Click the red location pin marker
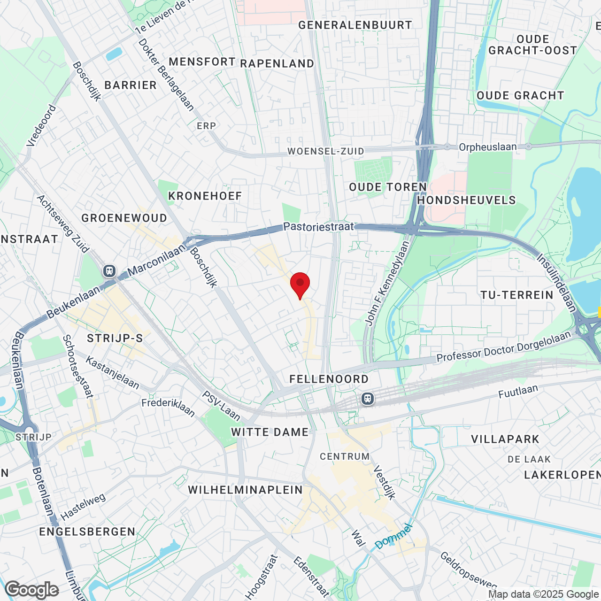click(x=300, y=285)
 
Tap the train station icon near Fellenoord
click(x=368, y=399)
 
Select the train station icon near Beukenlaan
click(x=109, y=270)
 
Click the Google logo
click(x=32, y=590)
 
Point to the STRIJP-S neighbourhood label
click(x=115, y=338)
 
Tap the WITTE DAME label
click(x=270, y=432)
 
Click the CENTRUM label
click(x=345, y=456)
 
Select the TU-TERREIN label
click(x=517, y=295)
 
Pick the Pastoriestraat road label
click(x=318, y=227)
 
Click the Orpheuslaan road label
click(x=487, y=147)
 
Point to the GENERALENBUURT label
click(x=355, y=25)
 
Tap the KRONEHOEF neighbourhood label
click(x=205, y=196)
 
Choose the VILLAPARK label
click(x=505, y=439)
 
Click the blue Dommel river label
click(x=393, y=536)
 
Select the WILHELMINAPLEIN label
click(x=246, y=490)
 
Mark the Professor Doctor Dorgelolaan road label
click(x=503, y=347)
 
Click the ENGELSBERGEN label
click(x=87, y=532)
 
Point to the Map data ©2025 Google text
click(x=543, y=594)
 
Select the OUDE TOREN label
click(x=388, y=187)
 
